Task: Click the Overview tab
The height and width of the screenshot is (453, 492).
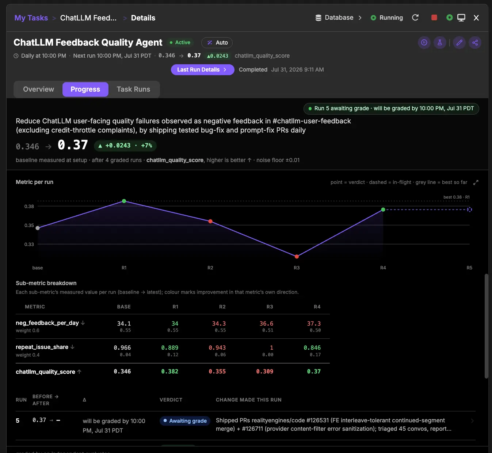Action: (x=38, y=89)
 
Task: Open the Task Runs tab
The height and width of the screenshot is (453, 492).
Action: (x=133, y=89)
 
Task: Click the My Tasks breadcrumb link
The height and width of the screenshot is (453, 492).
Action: (x=31, y=18)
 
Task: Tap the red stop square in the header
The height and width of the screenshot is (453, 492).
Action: (x=434, y=18)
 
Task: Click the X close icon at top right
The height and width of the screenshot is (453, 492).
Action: (x=476, y=18)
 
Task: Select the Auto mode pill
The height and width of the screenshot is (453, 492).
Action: (x=217, y=43)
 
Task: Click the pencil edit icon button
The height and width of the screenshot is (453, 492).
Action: (x=459, y=43)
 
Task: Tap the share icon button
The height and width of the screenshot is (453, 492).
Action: (x=475, y=43)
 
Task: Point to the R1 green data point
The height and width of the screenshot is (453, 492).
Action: (x=124, y=201)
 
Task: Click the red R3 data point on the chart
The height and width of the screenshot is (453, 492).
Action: (x=297, y=256)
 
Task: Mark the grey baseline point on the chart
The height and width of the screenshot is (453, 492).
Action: (x=38, y=228)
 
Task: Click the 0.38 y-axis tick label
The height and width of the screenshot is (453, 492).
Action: (x=29, y=206)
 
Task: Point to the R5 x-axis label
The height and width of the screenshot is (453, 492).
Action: (x=469, y=268)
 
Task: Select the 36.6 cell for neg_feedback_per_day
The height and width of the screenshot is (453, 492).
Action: (x=266, y=323)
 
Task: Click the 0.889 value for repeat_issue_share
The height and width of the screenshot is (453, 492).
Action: (x=170, y=348)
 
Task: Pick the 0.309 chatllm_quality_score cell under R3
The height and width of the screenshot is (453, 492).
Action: (x=265, y=371)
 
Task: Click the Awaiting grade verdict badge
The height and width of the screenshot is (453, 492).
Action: (x=185, y=421)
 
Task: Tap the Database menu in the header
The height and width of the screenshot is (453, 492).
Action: (x=339, y=18)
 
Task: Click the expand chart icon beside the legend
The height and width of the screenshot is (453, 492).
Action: (x=476, y=183)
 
